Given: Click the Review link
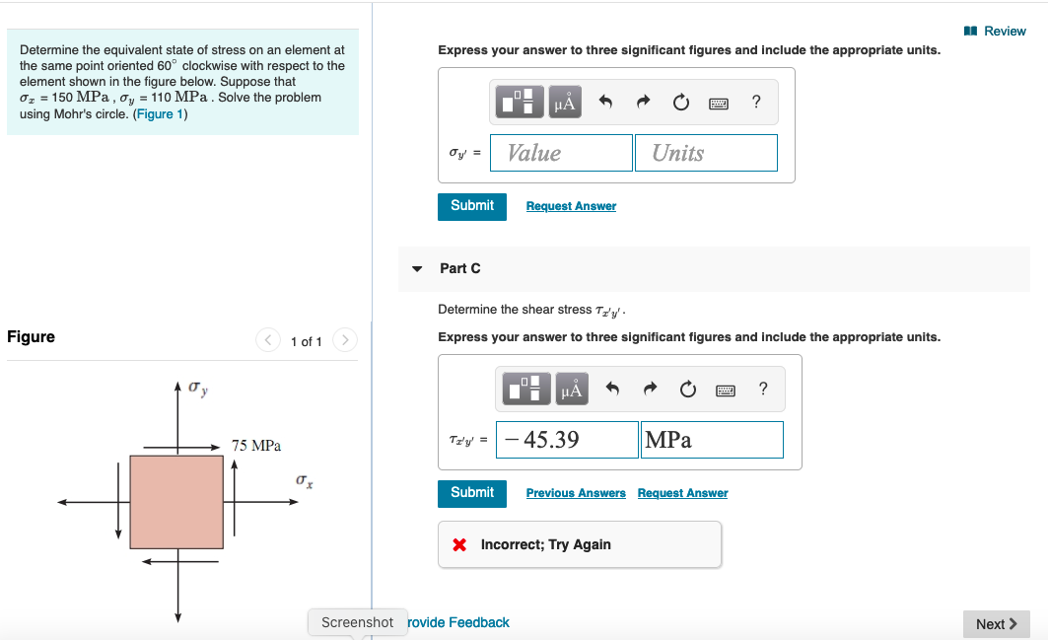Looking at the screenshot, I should coord(998,32).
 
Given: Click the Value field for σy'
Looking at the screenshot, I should coord(561,153).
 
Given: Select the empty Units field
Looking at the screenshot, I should coord(706,153).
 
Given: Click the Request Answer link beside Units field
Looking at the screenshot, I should coord(571,206).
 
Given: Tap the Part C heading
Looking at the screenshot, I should coord(460,268).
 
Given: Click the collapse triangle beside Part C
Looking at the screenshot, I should coord(417,268).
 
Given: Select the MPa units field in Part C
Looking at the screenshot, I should coord(712,440).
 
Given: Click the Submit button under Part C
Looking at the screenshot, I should coord(472,493).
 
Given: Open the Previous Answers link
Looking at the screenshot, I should coord(576,493).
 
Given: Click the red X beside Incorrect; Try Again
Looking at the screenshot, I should coord(459,545).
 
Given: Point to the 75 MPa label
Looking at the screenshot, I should coord(256,446).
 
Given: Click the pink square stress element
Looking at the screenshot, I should coord(176,502).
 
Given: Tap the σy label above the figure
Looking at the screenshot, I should coord(198,391).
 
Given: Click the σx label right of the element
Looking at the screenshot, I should coord(305,480).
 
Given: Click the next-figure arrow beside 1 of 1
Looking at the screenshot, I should coord(345,341).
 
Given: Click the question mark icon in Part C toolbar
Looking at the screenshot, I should coord(763,390).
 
